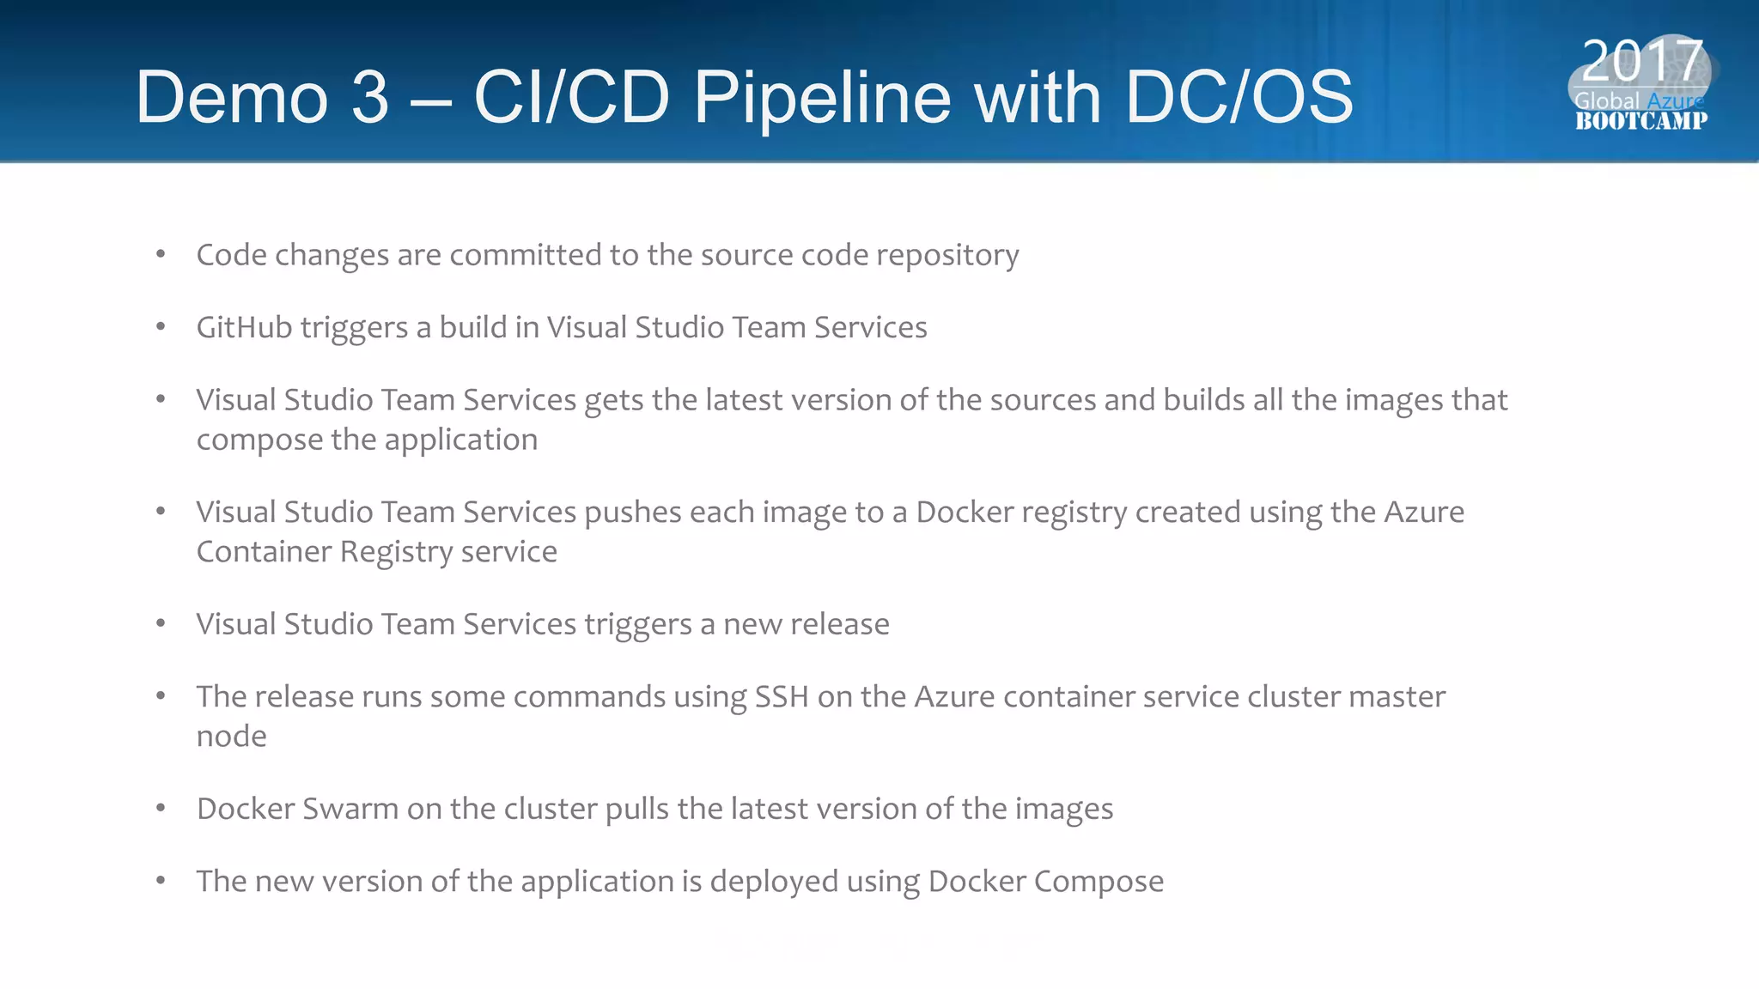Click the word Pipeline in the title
click(822, 98)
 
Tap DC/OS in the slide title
click(1239, 98)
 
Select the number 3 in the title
click(370, 98)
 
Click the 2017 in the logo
click(1641, 61)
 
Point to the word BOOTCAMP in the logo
click(1640, 121)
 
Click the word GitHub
click(244, 327)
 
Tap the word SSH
click(782, 696)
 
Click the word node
click(231, 737)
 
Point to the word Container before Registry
click(264, 551)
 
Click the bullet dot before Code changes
click(161, 254)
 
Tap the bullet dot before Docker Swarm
click(161, 808)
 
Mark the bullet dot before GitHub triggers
click(161, 326)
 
